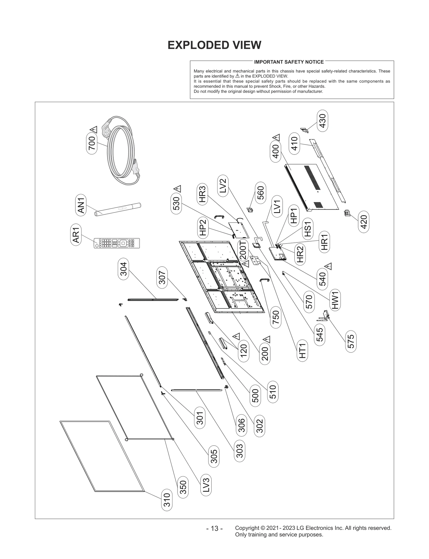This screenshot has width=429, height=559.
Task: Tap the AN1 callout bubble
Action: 81,205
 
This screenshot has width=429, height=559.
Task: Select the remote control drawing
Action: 117,243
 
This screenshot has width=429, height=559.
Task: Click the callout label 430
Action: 323,121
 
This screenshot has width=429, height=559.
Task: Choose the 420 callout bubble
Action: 364,222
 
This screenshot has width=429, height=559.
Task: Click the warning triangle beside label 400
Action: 276,138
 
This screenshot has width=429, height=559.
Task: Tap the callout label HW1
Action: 335,300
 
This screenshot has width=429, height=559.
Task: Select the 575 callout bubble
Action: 351,341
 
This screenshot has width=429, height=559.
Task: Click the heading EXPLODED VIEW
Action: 214,45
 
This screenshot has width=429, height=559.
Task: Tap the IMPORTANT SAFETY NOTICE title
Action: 289,62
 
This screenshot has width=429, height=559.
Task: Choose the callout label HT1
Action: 302,351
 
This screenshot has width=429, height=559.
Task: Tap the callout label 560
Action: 260,193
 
